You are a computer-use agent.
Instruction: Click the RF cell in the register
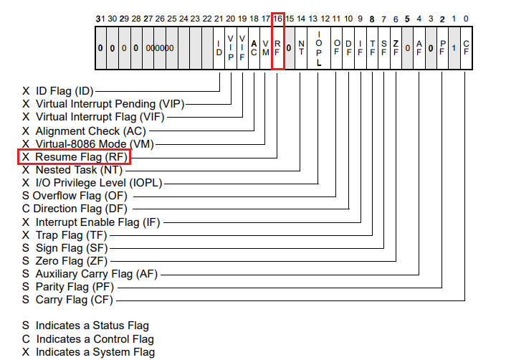[277, 47]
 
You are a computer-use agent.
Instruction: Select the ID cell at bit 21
[219, 47]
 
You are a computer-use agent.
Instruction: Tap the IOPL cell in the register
[318, 47]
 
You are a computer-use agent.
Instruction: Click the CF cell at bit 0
[466, 47]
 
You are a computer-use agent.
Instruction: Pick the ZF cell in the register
[396, 47]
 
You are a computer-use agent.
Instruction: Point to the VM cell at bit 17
[266, 47]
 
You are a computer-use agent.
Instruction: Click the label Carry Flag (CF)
[74, 300]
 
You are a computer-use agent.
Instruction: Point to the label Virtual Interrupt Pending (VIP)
[110, 104]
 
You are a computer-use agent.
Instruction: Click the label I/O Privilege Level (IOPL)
[99, 183]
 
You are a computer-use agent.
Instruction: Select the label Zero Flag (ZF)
[71, 261]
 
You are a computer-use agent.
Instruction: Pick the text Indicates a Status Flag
[92, 326]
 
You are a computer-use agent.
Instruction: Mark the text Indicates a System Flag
[95, 351]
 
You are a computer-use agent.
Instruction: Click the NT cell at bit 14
[301, 47]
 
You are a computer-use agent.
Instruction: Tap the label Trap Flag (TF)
[71, 235]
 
